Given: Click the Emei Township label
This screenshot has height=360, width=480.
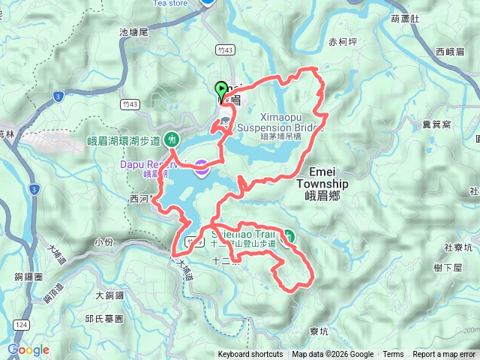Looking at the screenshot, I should (322, 183).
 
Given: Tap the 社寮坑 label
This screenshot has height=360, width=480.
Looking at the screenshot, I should (457, 246).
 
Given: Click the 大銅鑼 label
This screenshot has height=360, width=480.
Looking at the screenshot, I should (109, 296).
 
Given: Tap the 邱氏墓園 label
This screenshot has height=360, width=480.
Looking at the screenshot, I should (104, 318).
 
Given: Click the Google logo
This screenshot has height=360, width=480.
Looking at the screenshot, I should (28, 349).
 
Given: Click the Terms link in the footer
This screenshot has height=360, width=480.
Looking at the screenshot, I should (393, 355).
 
